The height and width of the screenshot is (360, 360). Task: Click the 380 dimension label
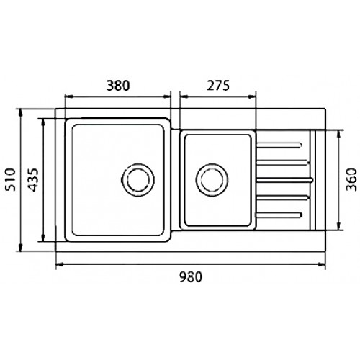click(118, 86)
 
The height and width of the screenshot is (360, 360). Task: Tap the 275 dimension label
click(218, 86)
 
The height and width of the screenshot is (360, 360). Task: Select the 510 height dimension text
click(10, 179)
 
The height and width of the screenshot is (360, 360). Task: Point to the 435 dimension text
click(33, 180)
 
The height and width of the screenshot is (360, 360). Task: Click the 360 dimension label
click(351, 179)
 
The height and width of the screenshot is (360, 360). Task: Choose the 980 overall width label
click(191, 276)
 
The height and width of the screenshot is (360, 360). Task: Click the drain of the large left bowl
click(138, 180)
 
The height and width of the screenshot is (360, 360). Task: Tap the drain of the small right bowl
click(212, 180)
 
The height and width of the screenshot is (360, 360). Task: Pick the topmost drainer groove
click(279, 145)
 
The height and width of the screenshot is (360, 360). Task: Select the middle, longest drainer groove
click(284, 180)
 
